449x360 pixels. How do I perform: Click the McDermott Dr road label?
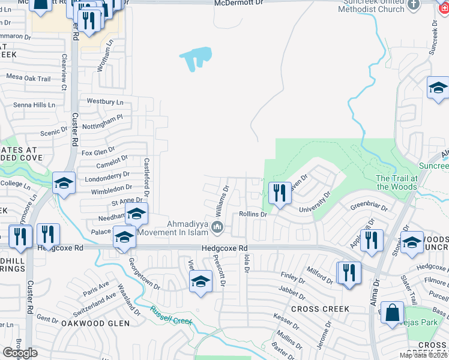(x=239, y=4)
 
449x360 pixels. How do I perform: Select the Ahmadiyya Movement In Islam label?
(x=176, y=227)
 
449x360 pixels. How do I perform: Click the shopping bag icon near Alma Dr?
(x=392, y=313)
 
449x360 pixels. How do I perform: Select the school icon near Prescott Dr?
(x=200, y=282)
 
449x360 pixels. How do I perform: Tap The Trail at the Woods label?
(x=396, y=182)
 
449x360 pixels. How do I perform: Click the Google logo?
(x=20, y=353)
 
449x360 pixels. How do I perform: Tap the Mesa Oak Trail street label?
(x=28, y=78)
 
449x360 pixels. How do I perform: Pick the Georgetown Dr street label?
(x=145, y=276)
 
